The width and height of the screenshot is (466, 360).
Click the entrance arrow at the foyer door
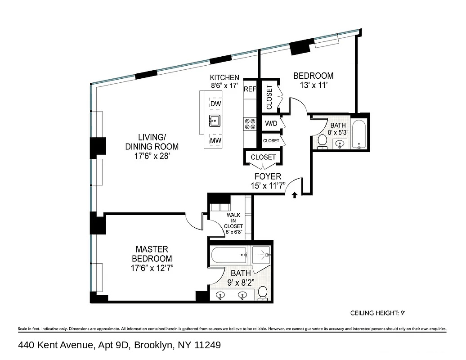pos(295,195)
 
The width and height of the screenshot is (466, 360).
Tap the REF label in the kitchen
pos(250,89)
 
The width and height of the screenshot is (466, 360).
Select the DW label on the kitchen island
pos(215,104)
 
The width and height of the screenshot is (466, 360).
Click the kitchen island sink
pos(215,121)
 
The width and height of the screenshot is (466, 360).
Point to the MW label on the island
pos(215,140)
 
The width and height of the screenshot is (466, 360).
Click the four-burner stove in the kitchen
pos(250,124)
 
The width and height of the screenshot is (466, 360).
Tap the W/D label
pos(271,123)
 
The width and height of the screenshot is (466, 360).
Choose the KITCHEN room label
pos(224,77)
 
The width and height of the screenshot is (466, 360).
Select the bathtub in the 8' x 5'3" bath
pos(359,134)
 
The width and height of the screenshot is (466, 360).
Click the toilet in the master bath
pos(263,293)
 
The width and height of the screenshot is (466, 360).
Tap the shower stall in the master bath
pos(261,255)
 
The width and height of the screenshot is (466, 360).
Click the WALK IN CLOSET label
pos(233,220)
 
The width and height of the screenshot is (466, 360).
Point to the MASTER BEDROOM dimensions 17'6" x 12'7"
pos(152,268)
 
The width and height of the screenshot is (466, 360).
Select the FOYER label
pos(268,176)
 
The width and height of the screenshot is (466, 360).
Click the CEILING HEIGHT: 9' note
pos(378,313)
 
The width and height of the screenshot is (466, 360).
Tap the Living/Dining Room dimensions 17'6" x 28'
pos(152,156)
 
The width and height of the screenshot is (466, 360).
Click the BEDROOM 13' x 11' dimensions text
pos(314,85)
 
